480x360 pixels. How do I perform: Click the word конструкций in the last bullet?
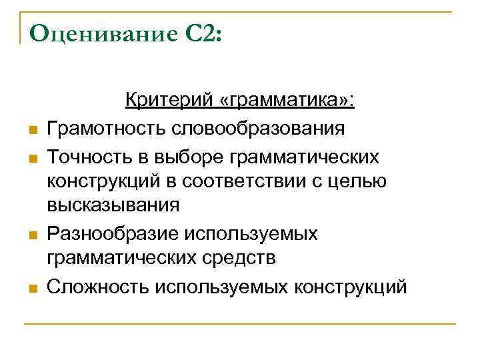point(349,287)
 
